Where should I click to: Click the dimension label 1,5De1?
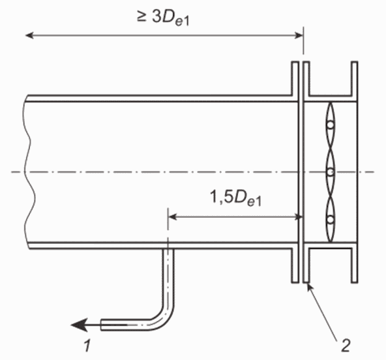(x=235, y=198)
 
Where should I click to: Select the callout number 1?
(x=87, y=346)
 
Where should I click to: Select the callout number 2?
(x=346, y=346)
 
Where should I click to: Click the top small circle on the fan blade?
(x=331, y=125)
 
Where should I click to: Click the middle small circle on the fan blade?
(x=331, y=172)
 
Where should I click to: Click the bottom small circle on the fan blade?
(x=331, y=218)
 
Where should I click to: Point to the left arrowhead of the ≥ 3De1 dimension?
(x=29, y=35)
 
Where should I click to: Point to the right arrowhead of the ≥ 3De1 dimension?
(x=299, y=35)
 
